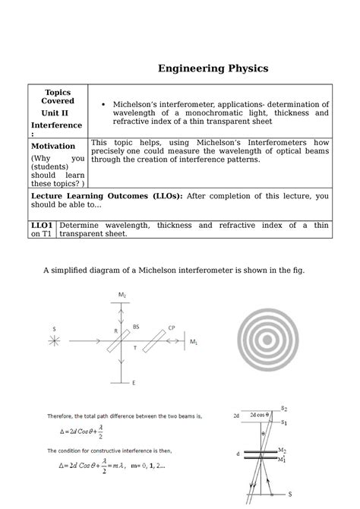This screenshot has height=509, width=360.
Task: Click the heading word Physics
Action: pyautogui.click(x=243, y=69)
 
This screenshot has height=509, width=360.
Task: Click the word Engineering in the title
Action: pyautogui.click(x=187, y=69)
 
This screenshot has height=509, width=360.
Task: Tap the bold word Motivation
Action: pyautogui.click(x=53, y=146)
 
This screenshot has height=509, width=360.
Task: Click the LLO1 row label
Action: pyautogui.click(x=40, y=226)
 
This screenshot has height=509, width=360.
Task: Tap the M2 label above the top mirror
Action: pyautogui.click(x=122, y=294)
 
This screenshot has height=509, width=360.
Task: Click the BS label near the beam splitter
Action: pyautogui.click(x=136, y=327)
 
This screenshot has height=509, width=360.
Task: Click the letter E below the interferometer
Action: pyautogui.click(x=134, y=383)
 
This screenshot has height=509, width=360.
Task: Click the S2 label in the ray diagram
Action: pyautogui.click(x=284, y=409)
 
